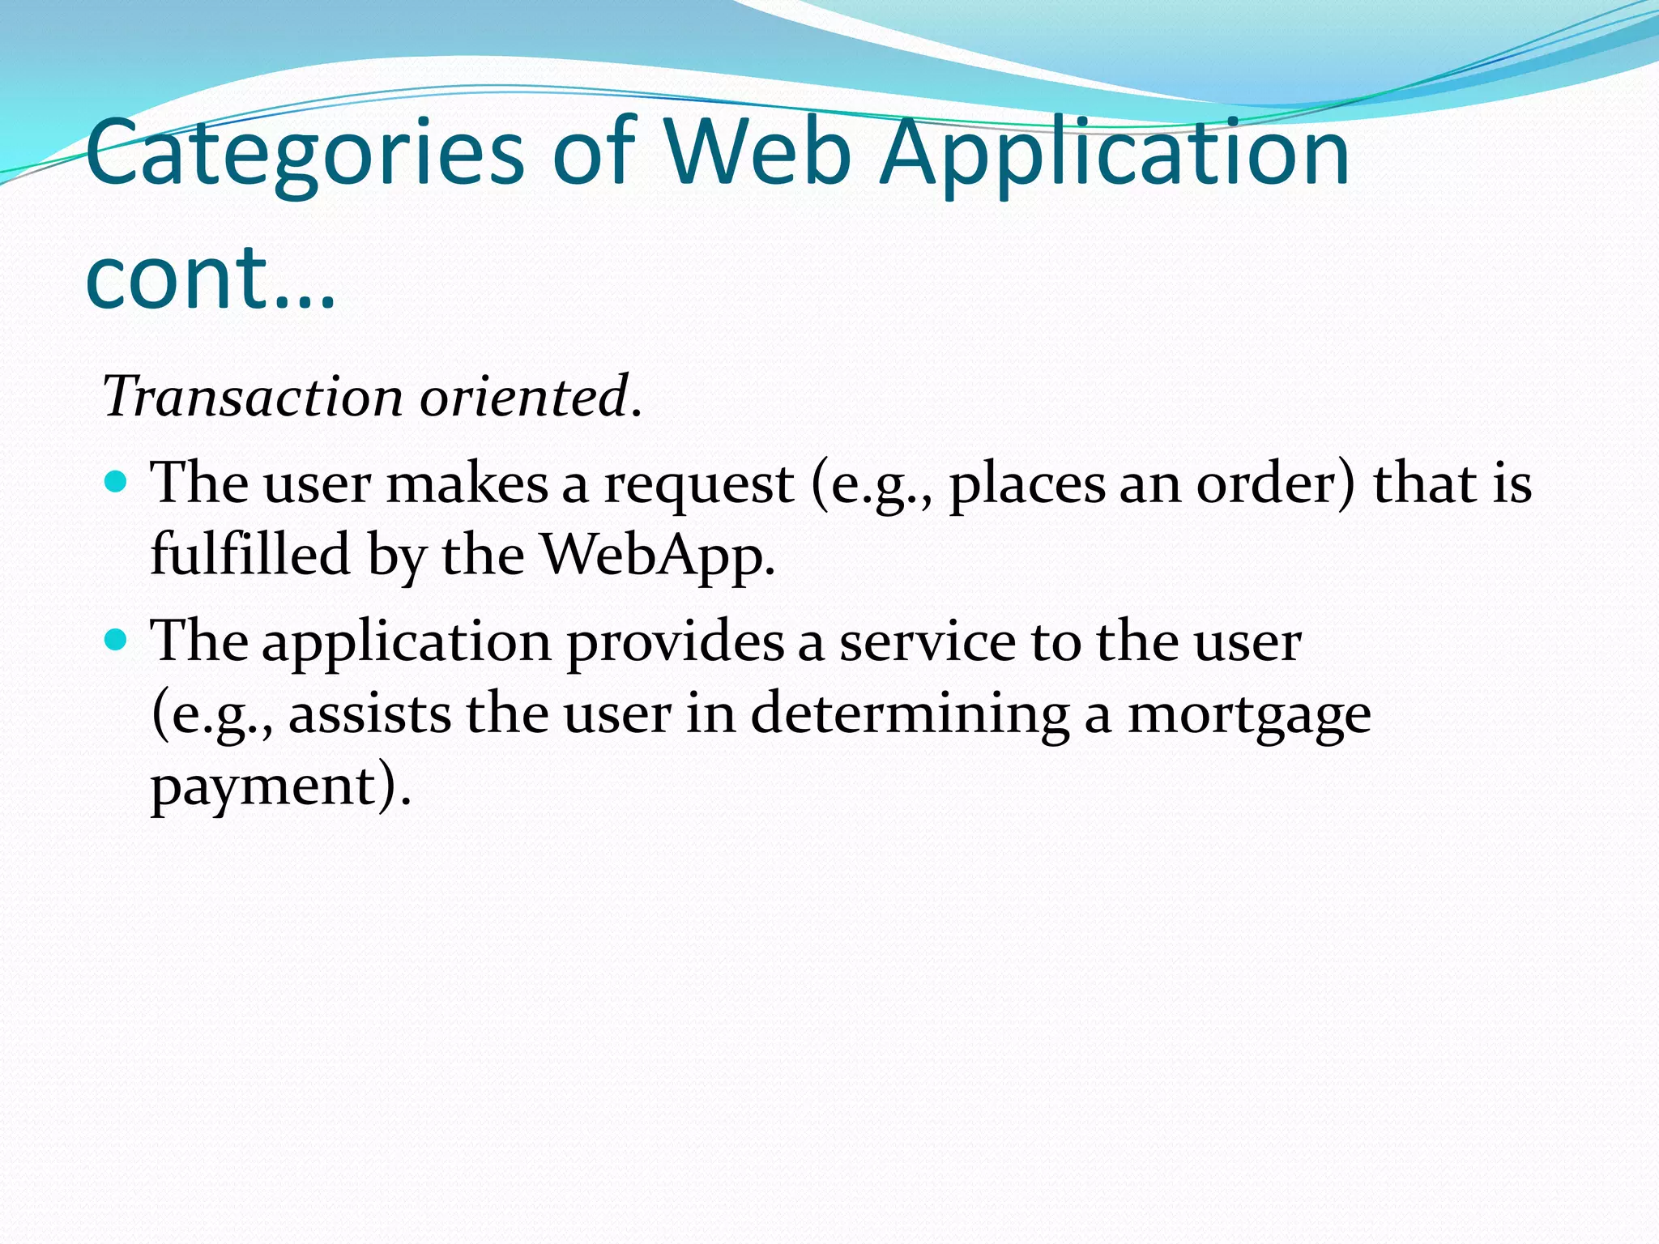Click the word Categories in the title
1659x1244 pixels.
tap(305, 154)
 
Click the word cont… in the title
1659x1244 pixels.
tap(209, 277)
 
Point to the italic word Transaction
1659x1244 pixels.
tap(252, 397)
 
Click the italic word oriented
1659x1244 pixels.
tap(525, 397)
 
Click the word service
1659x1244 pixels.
tap(927, 641)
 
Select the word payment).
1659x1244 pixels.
tap(280, 787)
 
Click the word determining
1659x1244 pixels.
tap(910, 714)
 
